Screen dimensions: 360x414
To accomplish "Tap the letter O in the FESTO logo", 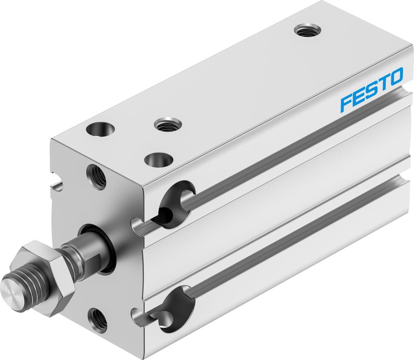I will (396, 76).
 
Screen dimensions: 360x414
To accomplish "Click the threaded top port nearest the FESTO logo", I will (307, 30).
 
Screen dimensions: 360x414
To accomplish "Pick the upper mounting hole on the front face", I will (96, 177).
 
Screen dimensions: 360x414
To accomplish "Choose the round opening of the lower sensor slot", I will (178, 309).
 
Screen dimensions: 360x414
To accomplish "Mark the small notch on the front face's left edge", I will (57, 184).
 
